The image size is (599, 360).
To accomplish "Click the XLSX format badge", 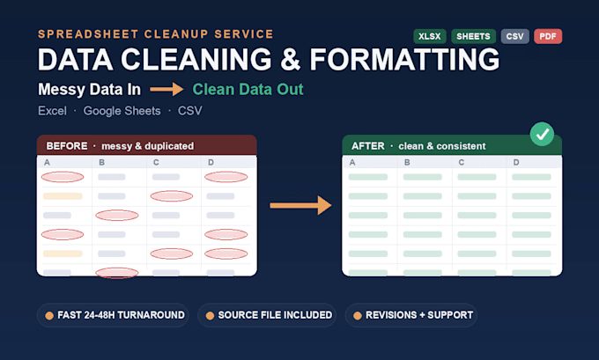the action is click(429, 36).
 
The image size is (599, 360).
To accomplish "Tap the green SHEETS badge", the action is click(473, 36).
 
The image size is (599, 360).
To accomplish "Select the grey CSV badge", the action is click(515, 36).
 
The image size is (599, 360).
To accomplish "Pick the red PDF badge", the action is click(548, 36).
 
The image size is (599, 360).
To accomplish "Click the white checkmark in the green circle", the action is click(542, 134).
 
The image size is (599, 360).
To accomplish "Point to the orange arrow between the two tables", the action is click(300, 205).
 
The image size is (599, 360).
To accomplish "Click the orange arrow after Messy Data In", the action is click(166, 89).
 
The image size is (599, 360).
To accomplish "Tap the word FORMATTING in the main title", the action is click(404, 60).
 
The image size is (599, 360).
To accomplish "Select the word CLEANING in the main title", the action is click(196, 60).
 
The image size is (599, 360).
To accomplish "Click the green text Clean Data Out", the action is click(248, 89).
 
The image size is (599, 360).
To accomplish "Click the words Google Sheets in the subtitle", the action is click(122, 111).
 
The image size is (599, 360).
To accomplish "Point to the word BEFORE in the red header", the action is click(67, 146).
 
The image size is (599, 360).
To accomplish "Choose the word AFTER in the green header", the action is click(368, 146).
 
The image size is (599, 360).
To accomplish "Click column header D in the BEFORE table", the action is click(211, 162).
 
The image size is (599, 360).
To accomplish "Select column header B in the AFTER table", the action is click(407, 162).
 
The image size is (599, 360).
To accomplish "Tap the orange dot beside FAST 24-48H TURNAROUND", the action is click(49, 315).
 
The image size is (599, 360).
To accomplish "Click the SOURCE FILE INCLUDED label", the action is click(275, 315).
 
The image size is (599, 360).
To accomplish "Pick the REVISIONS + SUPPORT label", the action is click(419, 315).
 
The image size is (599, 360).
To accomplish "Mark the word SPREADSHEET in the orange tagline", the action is click(87, 34).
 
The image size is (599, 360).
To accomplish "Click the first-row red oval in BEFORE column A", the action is click(63, 177).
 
